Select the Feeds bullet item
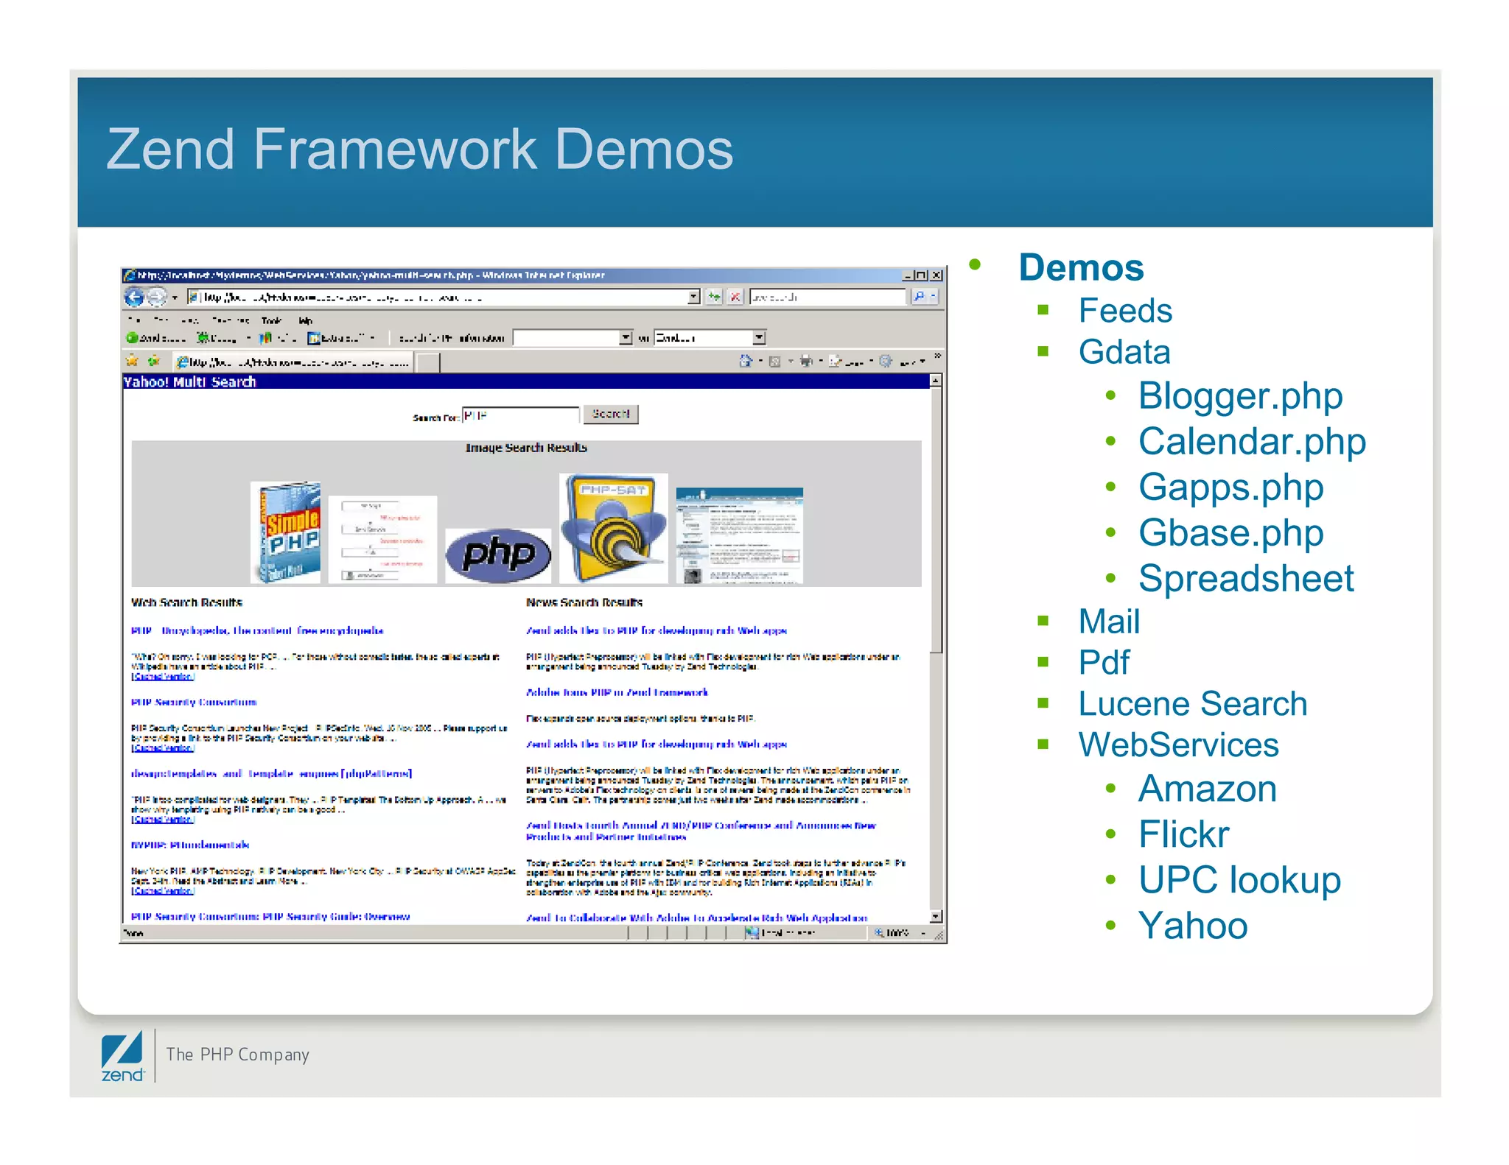[1124, 311]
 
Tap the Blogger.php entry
[1240, 396]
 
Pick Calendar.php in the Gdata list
[1252, 442]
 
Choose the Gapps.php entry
[1230, 488]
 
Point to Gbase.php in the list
[1230, 533]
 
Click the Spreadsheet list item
[1245, 579]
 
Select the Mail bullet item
[1109, 622]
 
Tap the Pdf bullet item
[1103, 662]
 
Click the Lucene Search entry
[1192, 704]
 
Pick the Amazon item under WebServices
[1207, 789]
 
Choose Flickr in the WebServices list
[1183, 834]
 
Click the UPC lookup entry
[1239, 880]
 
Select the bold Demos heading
[1081, 267]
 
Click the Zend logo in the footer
[122, 1057]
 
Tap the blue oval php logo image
[498, 555]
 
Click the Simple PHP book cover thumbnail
[286, 532]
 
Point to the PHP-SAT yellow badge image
[613, 528]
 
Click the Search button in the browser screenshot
[610, 415]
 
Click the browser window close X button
[936, 275]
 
